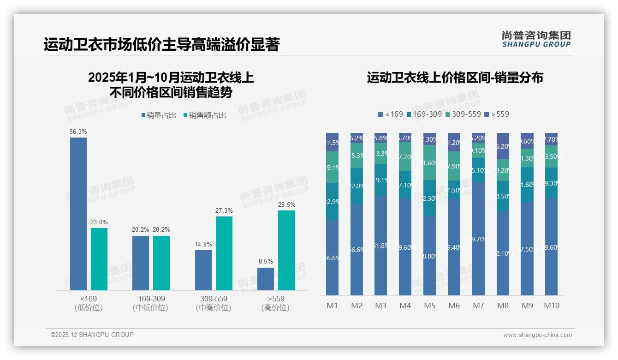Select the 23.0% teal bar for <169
pyautogui.click(x=99, y=259)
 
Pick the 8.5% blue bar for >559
pyautogui.click(x=266, y=279)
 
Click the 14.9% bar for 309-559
pyautogui.click(x=203, y=270)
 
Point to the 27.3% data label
pyautogui.click(x=224, y=211)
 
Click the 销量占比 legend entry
pyautogui.click(x=159, y=115)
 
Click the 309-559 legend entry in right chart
pyautogui.click(x=463, y=114)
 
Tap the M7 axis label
pyautogui.click(x=478, y=306)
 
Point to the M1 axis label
pyautogui.click(x=333, y=306)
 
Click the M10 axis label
pyautogui.click(x=551, y=306)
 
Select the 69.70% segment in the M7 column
pyautogui.click(x=478, y=239)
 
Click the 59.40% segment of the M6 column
pyautogui.click(x=454, y=247)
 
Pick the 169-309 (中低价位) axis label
pyautogui.click(x=151, y=303)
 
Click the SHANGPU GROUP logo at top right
pyautogui.click(x=536, y=39)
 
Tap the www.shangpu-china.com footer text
pyautogui.click(x=537, y=335)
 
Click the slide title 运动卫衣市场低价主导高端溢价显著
pyautogui.click(x=161, y=45)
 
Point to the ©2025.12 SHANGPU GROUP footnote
pyautogui.click(x=92, y=335)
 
